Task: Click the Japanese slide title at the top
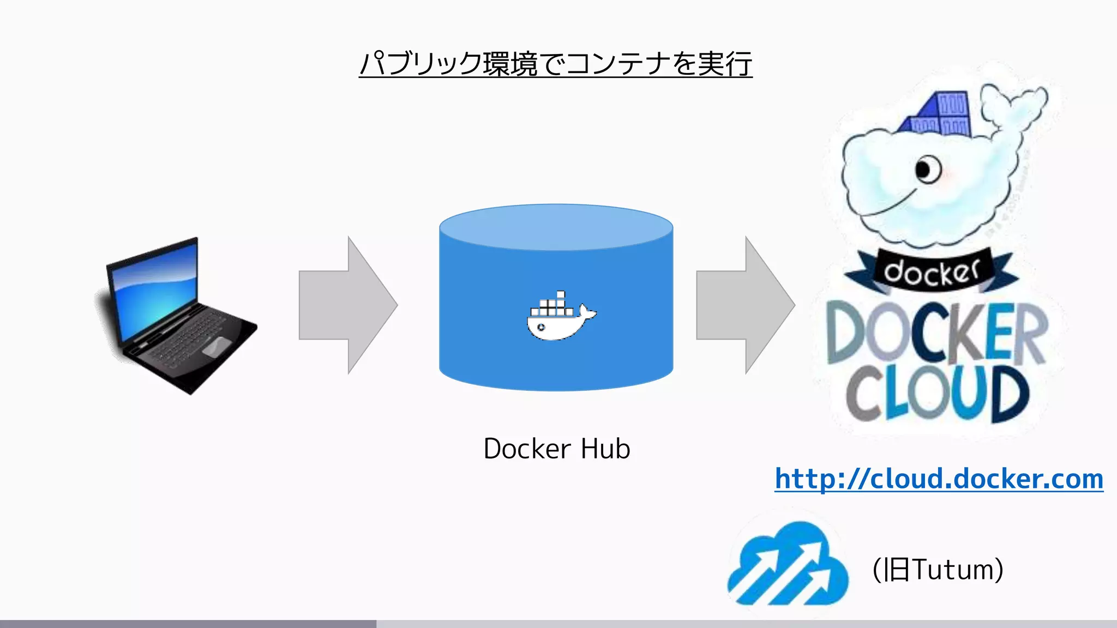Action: click(555, 64)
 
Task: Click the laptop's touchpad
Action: click(216, 347)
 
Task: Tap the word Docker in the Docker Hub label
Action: click(527, 449)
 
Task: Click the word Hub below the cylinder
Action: click(605, 449)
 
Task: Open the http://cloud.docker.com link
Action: click(939, 479)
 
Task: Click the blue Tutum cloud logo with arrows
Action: click(788, 564)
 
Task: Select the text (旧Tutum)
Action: click(938, 570)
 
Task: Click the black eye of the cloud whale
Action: click(925, 170)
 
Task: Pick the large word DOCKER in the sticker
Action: click(936, 333)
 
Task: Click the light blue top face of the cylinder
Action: click(556, 226)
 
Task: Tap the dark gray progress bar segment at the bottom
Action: click(188, 624)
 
